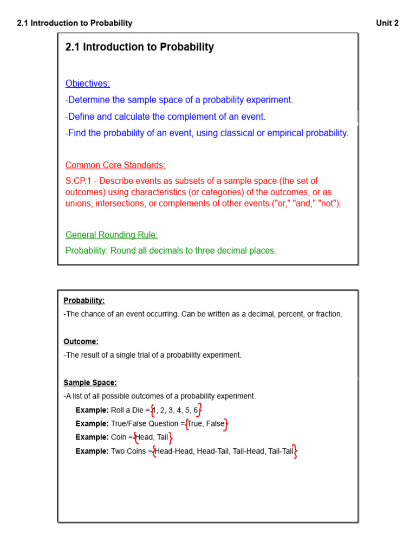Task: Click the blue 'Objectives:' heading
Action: [87, 83]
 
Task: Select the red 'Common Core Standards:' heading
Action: [115, 165]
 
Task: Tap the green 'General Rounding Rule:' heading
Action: [112, 235]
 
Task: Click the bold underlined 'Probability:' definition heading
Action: [84, 300]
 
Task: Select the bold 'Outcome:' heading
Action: [81, 341]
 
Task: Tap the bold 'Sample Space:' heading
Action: [90, 383]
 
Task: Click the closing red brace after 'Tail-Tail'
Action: [295, 451]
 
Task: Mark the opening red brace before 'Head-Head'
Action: [154, 451]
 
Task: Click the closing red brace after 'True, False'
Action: [226, 424]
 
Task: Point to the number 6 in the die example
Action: [196, 410]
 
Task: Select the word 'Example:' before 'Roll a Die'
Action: [92, 410]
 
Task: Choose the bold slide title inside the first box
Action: [139, 47]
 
